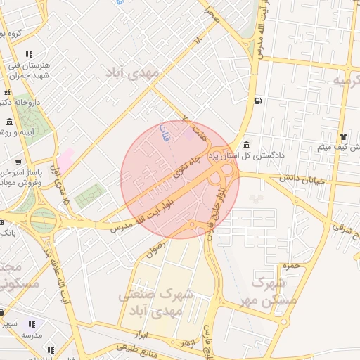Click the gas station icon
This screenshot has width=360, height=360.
[x=259, y=101]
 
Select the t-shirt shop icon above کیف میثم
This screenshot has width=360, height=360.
[x=342, y=136]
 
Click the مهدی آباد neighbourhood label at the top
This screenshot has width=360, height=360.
[x=133, y=72]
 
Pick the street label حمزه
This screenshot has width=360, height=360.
[x=286, y=266]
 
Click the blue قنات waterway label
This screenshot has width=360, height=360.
[x=166, y=133]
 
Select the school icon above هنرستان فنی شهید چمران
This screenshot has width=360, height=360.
[x=29, y=54]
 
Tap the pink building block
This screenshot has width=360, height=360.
[x=65, y=157]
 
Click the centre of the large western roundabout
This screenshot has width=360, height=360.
[x=43, y=220]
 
